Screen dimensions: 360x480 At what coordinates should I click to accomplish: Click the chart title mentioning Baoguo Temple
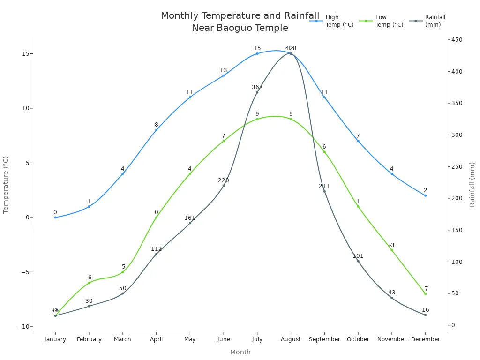coord(240,22)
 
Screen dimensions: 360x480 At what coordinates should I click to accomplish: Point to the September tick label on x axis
coord(324,339)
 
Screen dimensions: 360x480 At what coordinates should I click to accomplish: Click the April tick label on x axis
coord(156,339)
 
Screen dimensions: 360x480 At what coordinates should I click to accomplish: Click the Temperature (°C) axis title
coord(6,185)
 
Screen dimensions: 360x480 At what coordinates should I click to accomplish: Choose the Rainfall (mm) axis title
coord(472,185)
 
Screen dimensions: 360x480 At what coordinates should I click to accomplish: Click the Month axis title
coord(240,352)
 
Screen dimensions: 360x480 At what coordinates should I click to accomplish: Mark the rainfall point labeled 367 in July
coord(257,92)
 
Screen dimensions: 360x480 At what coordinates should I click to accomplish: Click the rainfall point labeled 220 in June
coord(224,186)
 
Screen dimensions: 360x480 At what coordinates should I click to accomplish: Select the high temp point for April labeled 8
coord(156,130)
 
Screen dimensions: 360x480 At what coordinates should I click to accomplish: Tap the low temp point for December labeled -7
coord(425,294)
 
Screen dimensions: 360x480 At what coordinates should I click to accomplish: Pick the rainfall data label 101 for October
coord(358,256)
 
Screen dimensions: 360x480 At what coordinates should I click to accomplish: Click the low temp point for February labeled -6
coord(89,283)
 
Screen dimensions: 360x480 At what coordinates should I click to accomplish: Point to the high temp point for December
coord(425,195)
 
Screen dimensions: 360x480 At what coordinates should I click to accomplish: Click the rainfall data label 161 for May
coord(190,218)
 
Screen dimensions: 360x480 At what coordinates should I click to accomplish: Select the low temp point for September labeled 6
coord(324,152)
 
